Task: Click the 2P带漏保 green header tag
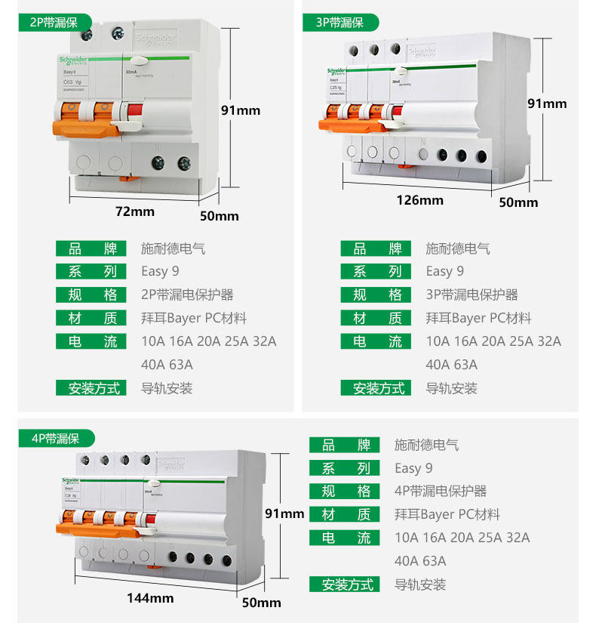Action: (54, 23)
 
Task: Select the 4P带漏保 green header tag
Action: (55, 438)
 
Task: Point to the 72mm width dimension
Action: (134, 211)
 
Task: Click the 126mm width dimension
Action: (420, 200)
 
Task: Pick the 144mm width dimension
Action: (150, 598)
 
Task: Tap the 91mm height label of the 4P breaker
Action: (284, 514)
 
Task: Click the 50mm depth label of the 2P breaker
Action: (219, 216)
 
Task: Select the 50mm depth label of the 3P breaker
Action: (519, 202)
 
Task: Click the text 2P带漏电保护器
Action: (187, 295)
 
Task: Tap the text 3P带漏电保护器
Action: (472, 295)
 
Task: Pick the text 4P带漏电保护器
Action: (441, 491)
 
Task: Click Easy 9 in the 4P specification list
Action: (413, 468)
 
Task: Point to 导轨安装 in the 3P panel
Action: (451, 388)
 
